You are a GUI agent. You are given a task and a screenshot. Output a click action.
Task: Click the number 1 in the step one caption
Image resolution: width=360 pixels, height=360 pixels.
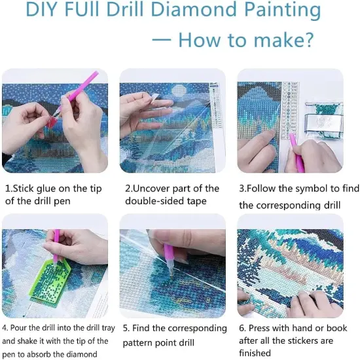[7, 189]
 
